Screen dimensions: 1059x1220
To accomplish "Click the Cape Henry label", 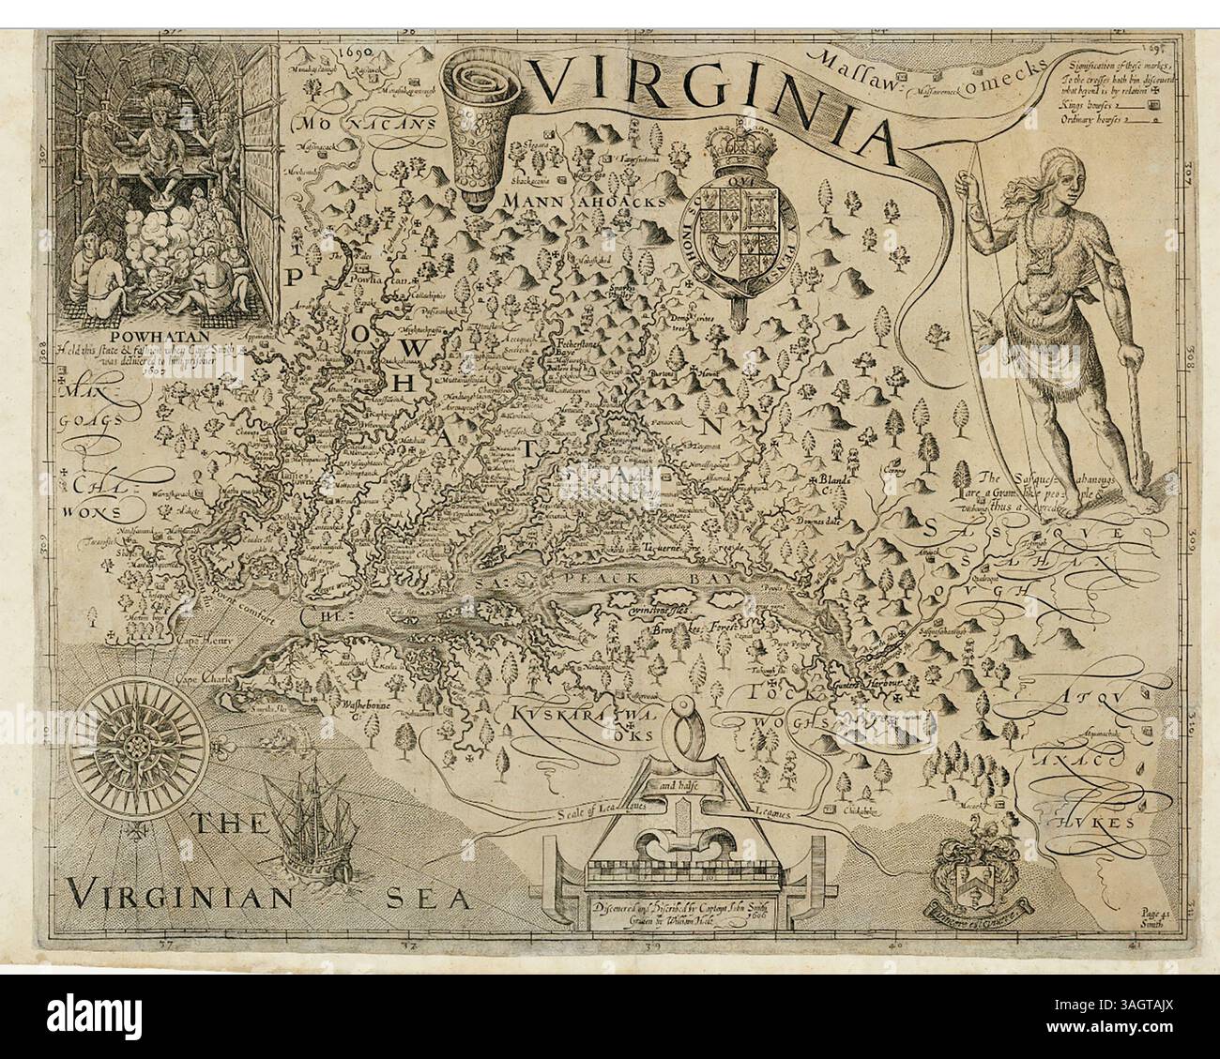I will [x=202, y=643].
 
